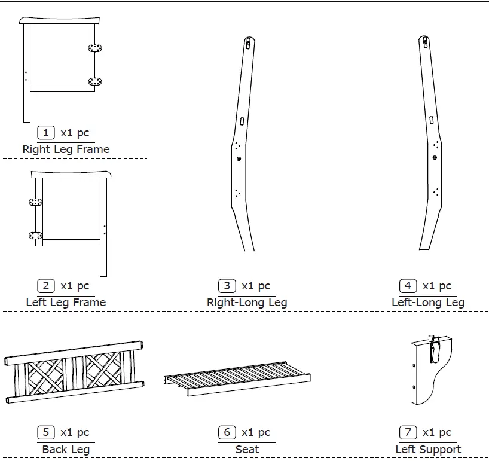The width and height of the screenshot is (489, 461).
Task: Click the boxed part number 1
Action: tap(45, 133)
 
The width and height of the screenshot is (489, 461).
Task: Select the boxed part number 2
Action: tap(45, 286)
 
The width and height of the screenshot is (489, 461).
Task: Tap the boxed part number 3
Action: tap(227, 286)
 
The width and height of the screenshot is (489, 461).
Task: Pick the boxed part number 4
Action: tap(408, 286)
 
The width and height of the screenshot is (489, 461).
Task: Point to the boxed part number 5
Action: tap(45, 432)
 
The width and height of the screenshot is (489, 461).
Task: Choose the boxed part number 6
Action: tap(227, 432)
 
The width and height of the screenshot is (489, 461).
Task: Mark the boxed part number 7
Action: tap(408, 432)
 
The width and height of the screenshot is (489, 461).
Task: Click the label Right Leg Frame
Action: tap(66, 149)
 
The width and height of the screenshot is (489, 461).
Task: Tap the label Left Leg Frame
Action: tap(66, 303)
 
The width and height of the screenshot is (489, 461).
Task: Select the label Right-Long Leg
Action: tap(247, 303)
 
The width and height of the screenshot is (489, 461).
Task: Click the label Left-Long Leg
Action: tap(428, 303)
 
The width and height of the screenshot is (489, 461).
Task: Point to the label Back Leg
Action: tap(66, 449)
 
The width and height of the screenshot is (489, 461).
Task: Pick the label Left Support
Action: tap(428, 449)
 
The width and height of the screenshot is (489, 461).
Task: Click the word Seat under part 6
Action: tap(247, 449)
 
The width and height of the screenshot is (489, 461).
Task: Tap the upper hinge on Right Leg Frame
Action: tap(95, 48)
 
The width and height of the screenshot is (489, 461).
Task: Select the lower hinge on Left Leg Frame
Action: tap(36, 235)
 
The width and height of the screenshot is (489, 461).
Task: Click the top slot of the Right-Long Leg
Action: tap(248, 44)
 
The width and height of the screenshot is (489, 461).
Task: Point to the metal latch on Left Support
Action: tap(435, 349)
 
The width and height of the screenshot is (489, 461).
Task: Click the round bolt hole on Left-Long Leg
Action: tap(435, 158)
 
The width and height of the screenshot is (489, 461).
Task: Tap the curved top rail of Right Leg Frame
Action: tap(60, 21)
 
